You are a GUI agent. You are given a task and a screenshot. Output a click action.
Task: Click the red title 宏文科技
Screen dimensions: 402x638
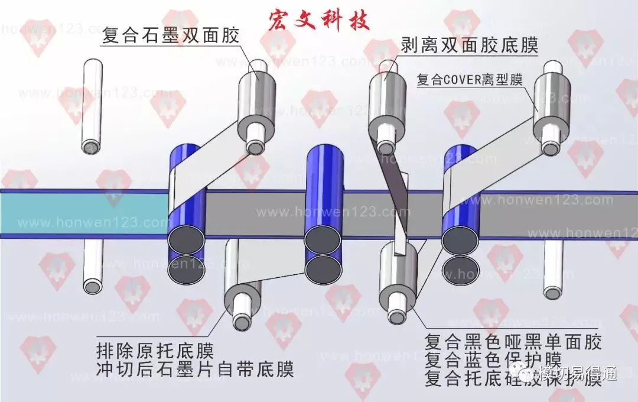(318, 20)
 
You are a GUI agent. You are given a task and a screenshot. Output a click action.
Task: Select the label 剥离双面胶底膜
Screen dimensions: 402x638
(470, 46)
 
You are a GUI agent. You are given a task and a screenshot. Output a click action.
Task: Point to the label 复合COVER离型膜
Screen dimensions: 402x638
(470, 80)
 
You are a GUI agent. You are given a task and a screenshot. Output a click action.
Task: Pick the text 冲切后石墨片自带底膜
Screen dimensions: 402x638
(195, 371)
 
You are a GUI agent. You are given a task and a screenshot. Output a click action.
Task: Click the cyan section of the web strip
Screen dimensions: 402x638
(83, 213)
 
